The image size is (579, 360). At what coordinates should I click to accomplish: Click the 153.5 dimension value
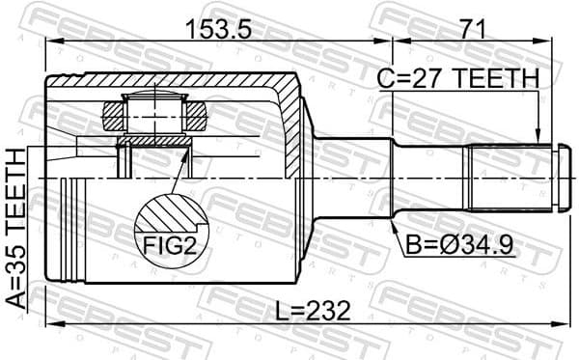click(220, 30)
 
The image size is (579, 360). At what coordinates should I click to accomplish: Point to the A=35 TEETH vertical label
click(16, 228)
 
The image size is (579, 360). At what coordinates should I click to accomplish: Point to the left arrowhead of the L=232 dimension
click(51, 322)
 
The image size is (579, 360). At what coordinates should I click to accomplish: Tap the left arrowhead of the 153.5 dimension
click(51, 42)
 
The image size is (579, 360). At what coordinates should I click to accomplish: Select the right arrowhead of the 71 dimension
click(557, 42)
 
